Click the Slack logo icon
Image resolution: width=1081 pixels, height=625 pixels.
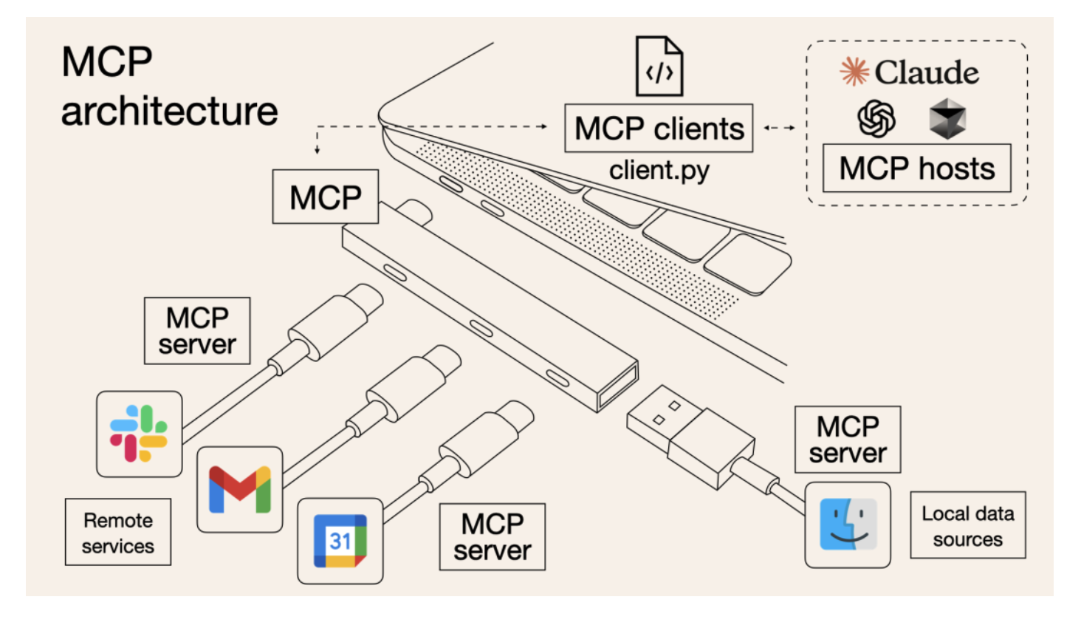(139, 434)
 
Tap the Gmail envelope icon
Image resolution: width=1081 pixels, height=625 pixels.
(240, 489)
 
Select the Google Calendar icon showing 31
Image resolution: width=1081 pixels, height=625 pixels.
(340, 541)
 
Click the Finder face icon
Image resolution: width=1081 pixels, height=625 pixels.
(848, 525)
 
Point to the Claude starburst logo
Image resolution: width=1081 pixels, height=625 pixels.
(854, 72)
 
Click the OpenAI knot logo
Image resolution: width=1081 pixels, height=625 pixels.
(876, 118)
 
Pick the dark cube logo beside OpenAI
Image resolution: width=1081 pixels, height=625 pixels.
(947, 118)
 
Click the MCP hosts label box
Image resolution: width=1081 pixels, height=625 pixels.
(916, 168)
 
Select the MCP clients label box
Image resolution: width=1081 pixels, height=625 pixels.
(659, 129)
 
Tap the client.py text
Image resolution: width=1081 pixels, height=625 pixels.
(659, 171)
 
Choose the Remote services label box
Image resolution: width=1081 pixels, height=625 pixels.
(118, 532)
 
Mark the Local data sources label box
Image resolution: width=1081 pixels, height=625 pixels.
(967, 525)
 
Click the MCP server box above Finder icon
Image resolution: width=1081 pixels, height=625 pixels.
(848, 439)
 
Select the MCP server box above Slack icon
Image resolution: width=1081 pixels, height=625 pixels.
(197, 331)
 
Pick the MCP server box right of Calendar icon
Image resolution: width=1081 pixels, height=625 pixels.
(493, 537)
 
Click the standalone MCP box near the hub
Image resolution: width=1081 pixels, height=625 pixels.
(326, 197)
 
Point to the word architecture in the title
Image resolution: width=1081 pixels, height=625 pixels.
(170, 111)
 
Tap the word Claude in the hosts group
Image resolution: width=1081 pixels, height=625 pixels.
(927, 72)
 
